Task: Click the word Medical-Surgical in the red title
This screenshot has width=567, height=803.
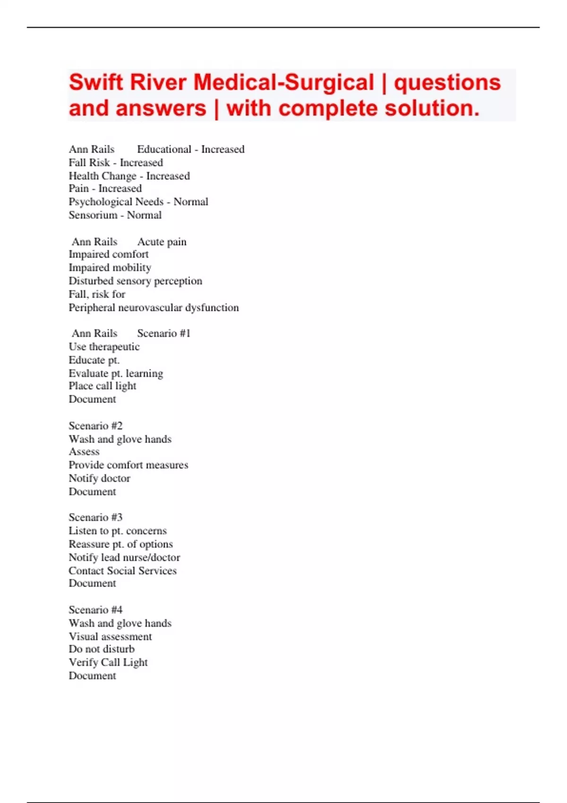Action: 283,82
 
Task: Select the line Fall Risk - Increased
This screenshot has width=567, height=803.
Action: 116,162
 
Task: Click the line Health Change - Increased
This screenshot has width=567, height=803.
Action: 129,176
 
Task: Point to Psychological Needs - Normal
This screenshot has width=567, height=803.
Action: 138,202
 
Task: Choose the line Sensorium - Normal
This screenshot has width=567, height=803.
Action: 115,215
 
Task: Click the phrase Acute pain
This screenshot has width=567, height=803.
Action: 162,242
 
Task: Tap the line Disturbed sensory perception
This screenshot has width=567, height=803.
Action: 135,281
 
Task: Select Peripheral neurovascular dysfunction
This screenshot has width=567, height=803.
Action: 154,308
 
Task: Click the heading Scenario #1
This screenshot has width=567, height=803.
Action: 163,333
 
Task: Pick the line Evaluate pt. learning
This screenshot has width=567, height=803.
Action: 116,373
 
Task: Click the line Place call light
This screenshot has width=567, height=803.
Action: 102,386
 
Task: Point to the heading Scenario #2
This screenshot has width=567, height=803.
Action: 95,426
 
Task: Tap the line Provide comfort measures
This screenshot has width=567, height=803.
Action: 128,465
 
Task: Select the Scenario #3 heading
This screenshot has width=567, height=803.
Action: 95,517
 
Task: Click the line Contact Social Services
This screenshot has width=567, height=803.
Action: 122,571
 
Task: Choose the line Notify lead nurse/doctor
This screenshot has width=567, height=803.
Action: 124,557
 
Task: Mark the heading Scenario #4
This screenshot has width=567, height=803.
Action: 95,610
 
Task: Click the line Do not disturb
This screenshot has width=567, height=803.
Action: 102,649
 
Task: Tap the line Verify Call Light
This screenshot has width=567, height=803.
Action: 108,662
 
